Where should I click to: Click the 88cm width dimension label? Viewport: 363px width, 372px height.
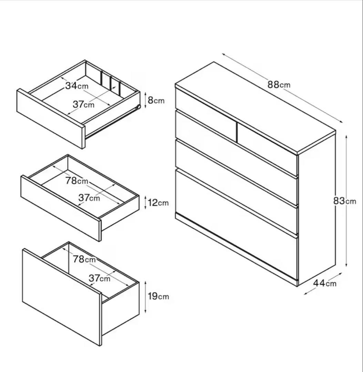point(279,84)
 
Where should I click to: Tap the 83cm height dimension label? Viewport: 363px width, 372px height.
point(344,201)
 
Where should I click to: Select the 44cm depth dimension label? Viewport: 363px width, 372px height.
point(325,283)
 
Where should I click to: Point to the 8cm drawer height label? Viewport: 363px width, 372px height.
point(156,100)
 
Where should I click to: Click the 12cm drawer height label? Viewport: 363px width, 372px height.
point(158,203)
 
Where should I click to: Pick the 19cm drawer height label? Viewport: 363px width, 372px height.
point(158,296)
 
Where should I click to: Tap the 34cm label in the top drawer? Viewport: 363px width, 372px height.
point(77,85)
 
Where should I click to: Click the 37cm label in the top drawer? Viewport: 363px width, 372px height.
point(83,104)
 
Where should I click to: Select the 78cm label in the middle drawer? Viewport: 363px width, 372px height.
point(77,181)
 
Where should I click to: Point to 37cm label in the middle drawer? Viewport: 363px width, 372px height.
point(89,197)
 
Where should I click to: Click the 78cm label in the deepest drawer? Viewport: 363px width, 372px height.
point(84,259)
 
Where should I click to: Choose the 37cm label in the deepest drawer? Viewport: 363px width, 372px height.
point(100,278)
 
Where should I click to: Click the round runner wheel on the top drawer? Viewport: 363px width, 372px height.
point(138,107)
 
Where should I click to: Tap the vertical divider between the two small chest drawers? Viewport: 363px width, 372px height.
point(237,132)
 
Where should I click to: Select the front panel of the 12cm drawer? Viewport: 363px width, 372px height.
point(61,208)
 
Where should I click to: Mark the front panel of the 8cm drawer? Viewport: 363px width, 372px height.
point(51,118)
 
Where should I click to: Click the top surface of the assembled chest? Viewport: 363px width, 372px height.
point(255,107)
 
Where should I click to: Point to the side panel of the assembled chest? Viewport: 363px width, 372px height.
point(317,208)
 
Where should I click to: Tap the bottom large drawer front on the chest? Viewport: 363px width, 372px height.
point(236,223)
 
